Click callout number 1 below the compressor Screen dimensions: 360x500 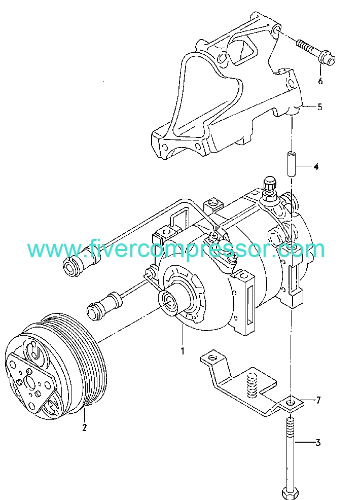pos(183,351)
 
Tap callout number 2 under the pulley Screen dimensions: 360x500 pos(84,427)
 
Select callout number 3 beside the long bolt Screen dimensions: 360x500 pos(318,443)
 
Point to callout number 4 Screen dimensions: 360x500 pos(316,166)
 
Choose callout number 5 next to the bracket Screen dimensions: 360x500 pos(320,106)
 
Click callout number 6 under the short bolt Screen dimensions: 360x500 pos(320,81)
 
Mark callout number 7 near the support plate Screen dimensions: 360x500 pos(318,400)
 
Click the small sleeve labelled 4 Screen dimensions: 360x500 pos(292,164)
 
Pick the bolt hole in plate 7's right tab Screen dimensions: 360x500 pos(289,403)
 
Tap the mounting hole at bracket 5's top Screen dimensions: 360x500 pos(276,30)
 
